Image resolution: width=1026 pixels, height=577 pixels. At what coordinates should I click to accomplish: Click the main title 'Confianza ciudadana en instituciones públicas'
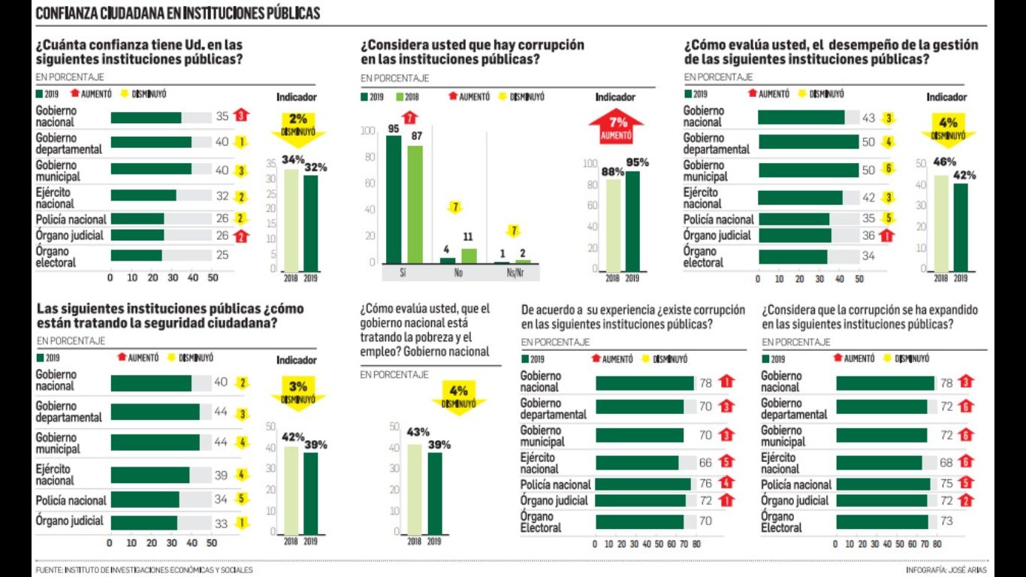(177, 13)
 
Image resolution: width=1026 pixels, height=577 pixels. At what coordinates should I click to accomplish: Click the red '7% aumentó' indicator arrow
(616, 126)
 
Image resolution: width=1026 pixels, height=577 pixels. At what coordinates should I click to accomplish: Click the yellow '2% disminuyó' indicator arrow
(298, 127)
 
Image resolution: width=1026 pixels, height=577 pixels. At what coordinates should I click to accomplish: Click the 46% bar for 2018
(940, 223)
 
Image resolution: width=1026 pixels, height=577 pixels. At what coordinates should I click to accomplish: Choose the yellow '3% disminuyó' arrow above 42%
(298, 392)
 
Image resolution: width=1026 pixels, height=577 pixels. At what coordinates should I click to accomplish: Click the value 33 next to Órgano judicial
(221, 521)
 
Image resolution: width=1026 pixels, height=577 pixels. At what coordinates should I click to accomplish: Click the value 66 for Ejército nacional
(706, 463)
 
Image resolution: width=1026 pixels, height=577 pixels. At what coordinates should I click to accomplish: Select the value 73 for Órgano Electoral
(947, 521)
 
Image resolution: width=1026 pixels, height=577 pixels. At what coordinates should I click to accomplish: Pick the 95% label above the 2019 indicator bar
(637, 163)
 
